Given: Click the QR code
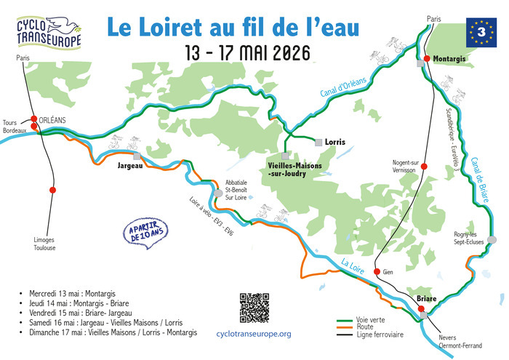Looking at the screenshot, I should [x=254, y=307].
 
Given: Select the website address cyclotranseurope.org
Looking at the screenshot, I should [x=254, y=334].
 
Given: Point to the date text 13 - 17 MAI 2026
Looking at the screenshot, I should [x=247, y=54].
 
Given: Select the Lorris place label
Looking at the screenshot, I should [x=335, y=142].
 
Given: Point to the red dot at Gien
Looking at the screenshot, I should [x=377, y=272].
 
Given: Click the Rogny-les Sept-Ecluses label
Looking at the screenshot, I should [x=468, y=238].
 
